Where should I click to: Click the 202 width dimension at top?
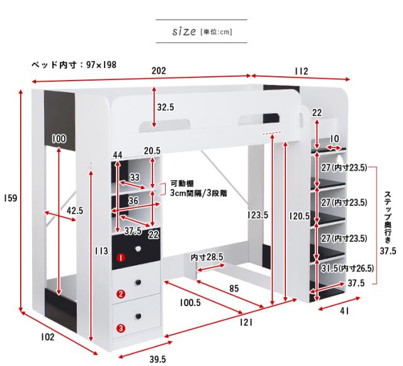point(159,71)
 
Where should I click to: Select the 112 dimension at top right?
point(300,71)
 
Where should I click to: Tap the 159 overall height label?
point(9,198)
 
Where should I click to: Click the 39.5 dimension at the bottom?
point(157,359)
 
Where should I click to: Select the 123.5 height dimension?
point(258,215)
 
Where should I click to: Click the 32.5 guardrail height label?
point(165,108)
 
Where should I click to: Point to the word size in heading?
point(184,31)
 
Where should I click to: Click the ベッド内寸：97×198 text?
point(74,64)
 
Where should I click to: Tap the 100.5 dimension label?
point(190,303)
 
